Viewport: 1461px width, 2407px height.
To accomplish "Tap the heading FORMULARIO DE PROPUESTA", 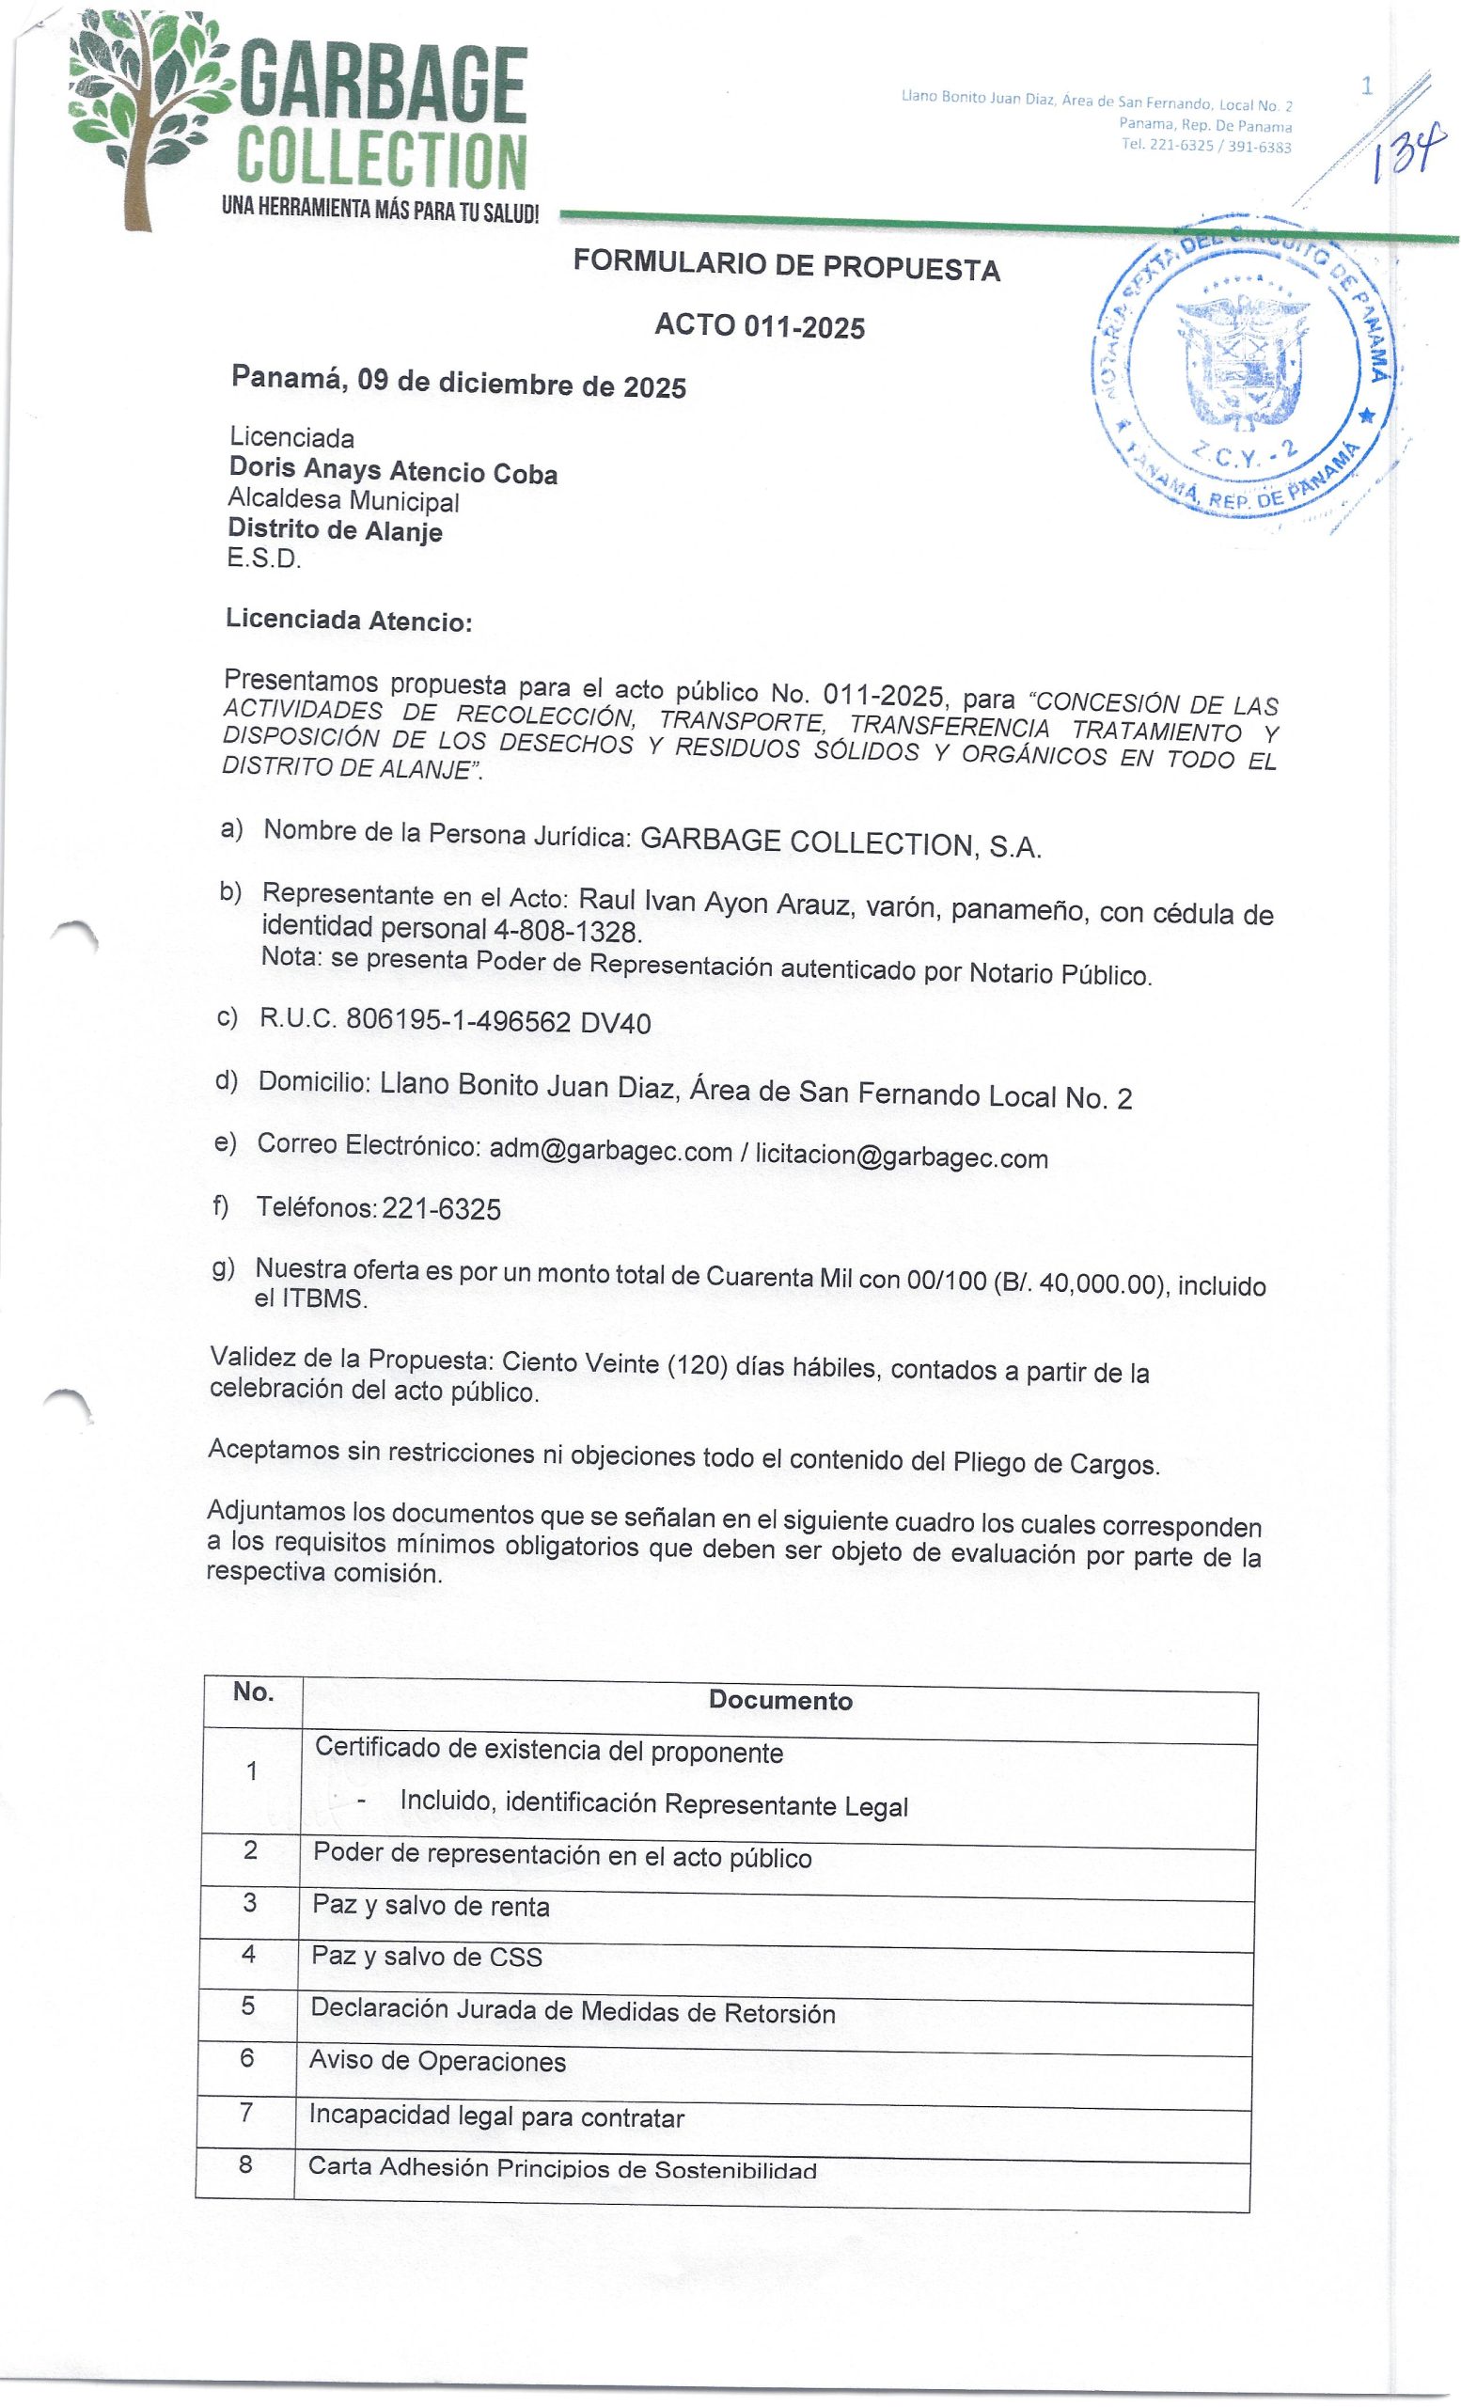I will point(786,265).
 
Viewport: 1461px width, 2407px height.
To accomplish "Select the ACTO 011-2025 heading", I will point(759,325).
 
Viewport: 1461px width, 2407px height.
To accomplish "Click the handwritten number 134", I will point(1405,156).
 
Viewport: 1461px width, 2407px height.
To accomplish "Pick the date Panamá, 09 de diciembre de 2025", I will point(458,381).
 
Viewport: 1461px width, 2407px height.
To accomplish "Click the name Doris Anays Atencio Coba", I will point(393,471).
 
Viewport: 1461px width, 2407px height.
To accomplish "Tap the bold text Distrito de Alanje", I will point(335,529).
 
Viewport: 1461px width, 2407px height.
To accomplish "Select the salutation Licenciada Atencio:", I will point(349,621).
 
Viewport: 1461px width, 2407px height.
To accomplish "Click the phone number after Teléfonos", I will point(442,1209).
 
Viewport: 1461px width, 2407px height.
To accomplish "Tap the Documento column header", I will point(780,1701).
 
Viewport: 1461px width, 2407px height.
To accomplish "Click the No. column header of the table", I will point(253,1691).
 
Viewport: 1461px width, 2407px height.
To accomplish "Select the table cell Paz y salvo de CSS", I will point(426,1957).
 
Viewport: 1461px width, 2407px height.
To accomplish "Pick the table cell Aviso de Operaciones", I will point(436,2061).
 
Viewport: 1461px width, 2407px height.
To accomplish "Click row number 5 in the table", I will point(248,2006).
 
